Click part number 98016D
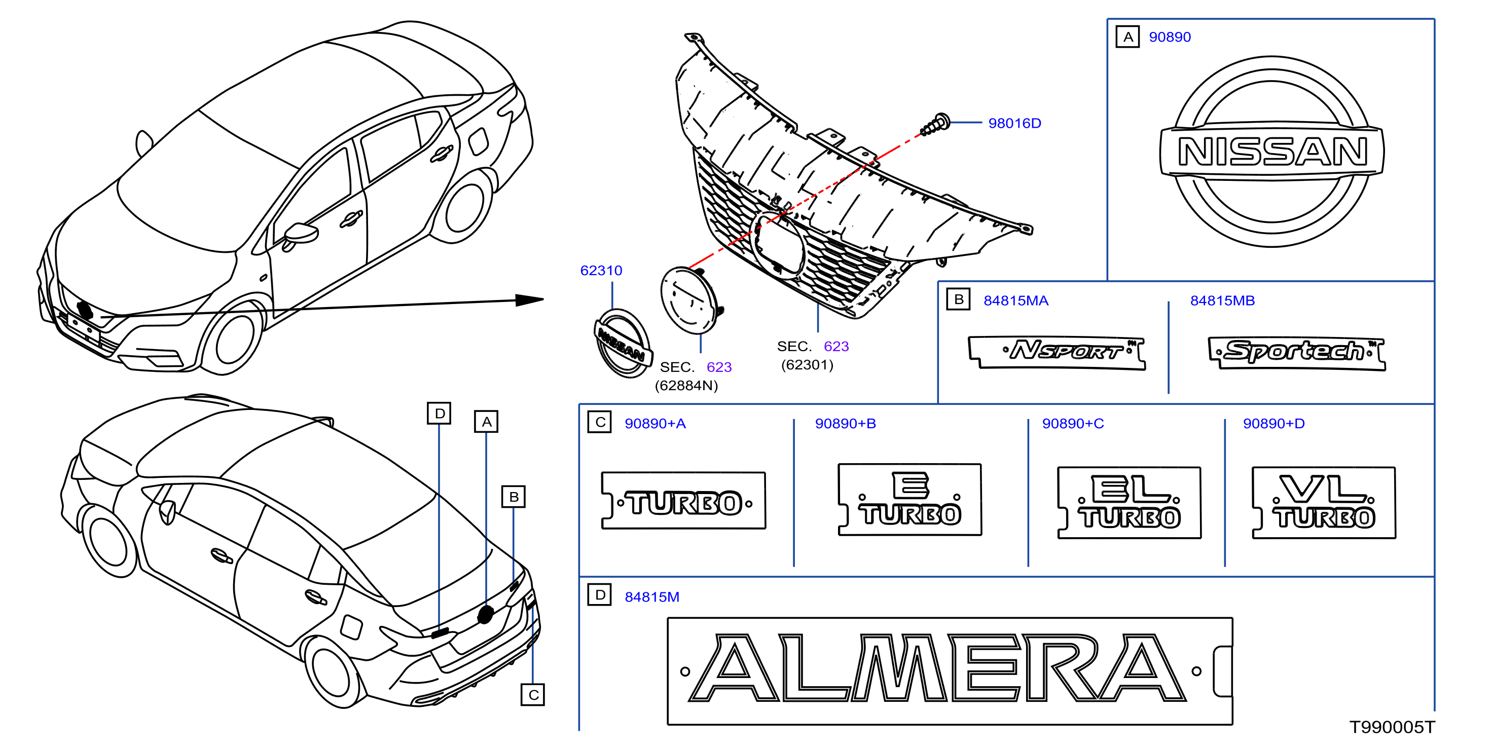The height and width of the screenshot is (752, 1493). [x=1014, y=124]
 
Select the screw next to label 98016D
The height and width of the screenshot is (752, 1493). [x=935, y=125]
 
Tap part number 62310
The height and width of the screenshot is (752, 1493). [x=601, y=271]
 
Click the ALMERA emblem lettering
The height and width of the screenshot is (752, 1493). [x=938, y=668]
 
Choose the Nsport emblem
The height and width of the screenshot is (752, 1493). [x=1057, y=352]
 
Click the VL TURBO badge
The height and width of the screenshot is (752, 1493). [x=1324, y=503]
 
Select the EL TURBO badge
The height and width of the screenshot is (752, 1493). [x=1129, y=503]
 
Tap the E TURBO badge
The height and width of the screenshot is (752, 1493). [x=910, y=500]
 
